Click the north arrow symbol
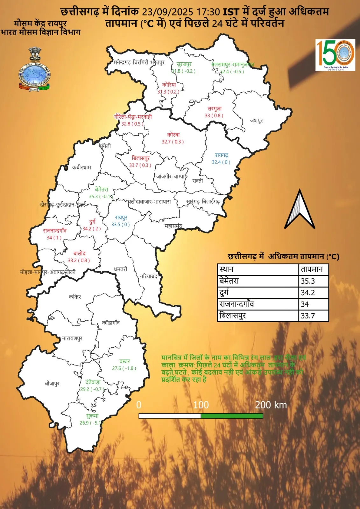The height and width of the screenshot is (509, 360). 300,210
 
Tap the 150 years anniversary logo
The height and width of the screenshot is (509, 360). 335,55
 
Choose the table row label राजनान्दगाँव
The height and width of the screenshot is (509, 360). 236,304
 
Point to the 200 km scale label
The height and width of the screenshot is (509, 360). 271,405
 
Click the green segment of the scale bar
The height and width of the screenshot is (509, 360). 232,416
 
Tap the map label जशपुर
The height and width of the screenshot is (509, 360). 257,121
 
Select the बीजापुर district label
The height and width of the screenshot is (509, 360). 52,383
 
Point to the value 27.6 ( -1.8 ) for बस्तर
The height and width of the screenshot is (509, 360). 124,368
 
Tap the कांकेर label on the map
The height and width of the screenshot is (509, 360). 75,297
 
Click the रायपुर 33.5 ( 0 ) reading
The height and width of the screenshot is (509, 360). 120,224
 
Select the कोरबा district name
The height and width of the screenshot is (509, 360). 173,135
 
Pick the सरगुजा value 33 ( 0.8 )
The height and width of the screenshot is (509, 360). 214,115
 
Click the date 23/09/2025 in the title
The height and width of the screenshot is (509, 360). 167,12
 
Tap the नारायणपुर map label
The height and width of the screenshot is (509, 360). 72,338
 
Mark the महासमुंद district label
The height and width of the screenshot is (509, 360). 173,226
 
